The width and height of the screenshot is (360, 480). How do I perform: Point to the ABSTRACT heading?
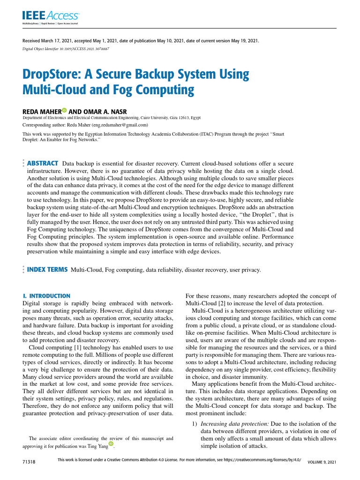[43, 163]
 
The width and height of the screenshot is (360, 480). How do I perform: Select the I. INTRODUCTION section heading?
[46, 296]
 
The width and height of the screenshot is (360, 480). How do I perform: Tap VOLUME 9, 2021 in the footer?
[322, 462]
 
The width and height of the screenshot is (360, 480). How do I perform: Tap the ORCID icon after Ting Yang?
[111, 443]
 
